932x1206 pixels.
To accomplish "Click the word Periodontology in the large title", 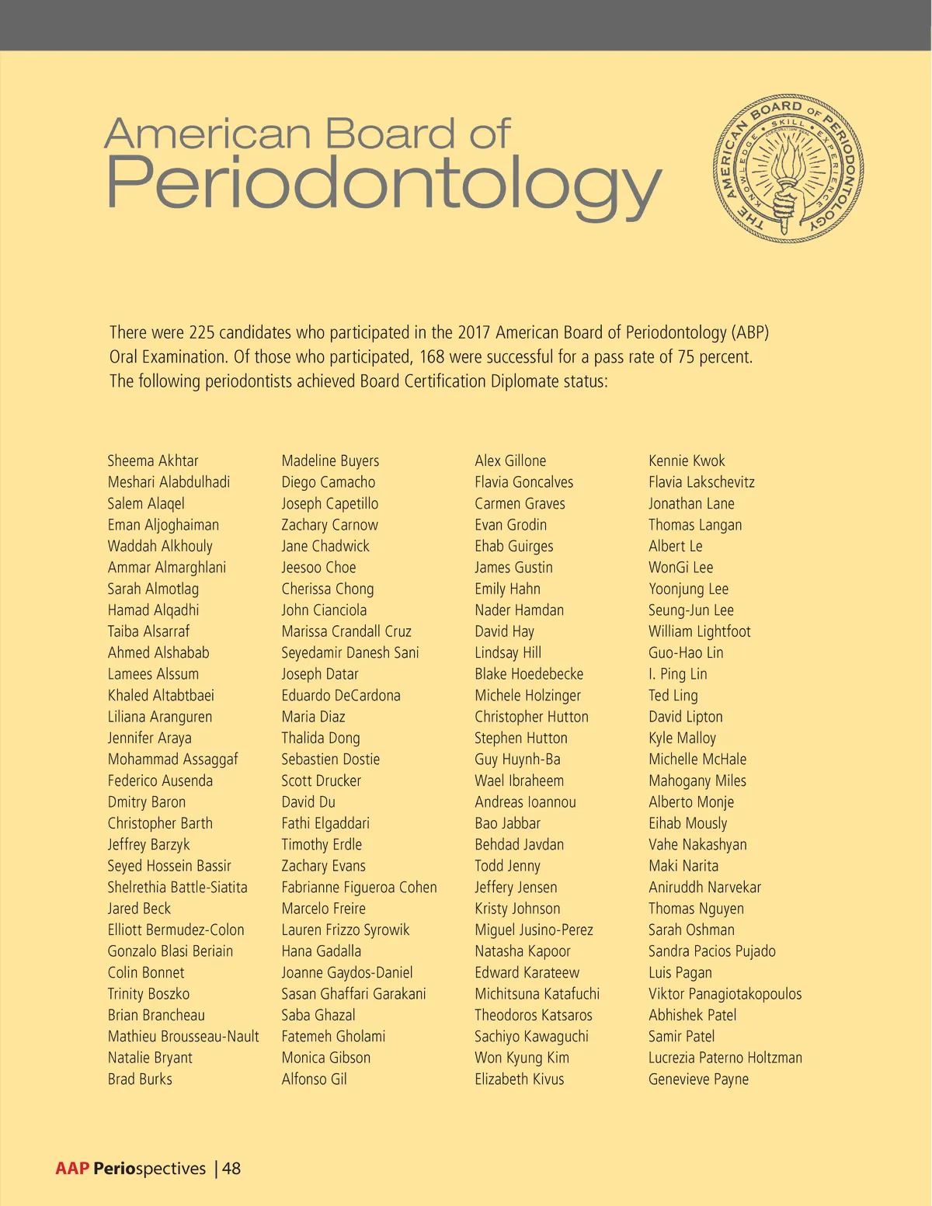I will pos(383,185).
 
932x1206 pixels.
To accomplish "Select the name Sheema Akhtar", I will pos(153,461).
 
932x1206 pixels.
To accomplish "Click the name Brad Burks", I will pos(140,1079).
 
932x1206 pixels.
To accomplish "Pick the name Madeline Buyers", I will pos(330,461).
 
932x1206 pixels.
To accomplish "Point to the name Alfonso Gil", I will pos(314,1079).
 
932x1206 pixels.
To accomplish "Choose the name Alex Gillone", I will pos(510,461).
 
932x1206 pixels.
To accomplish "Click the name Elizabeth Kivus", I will pos(519,1079).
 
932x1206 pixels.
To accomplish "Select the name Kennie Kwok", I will pos(687,461).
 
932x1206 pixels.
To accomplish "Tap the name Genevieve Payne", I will pos(698,1079).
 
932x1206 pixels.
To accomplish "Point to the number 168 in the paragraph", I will pos(433,357).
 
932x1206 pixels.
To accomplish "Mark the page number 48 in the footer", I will pos(231,1168).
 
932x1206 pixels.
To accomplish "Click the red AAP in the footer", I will pos(72,1168).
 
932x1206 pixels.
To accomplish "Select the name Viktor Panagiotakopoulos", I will pos(725,993).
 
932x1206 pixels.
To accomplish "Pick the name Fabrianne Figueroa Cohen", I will pos(359,887).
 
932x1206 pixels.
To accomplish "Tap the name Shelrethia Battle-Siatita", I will pos(177,887).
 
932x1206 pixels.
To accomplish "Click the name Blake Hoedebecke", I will pos(528,674).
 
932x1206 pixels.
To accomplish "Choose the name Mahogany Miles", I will pos(697,780).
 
